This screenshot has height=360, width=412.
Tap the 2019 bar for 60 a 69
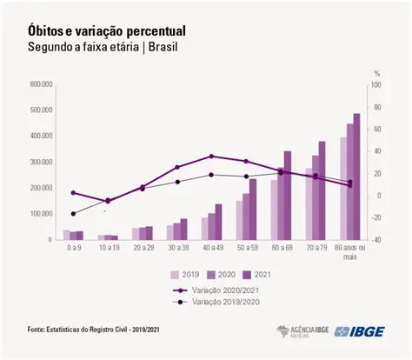pyautogui.click(x=274, y=210)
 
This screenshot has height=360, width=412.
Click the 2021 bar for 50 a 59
pyautogui.click(x=253, y=209)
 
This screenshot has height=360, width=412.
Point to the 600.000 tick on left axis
pyautogui.click(x=41, y=84)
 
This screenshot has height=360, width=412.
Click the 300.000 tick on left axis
pyautogui.click(x=41, y=162)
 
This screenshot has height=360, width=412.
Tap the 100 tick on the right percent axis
pyautogui.click(x=375, y=85)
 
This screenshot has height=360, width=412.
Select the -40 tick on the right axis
pyautogui.click(x=375, y=239)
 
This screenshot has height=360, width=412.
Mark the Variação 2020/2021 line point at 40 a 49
pyautogui.click(x=211, y=157)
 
